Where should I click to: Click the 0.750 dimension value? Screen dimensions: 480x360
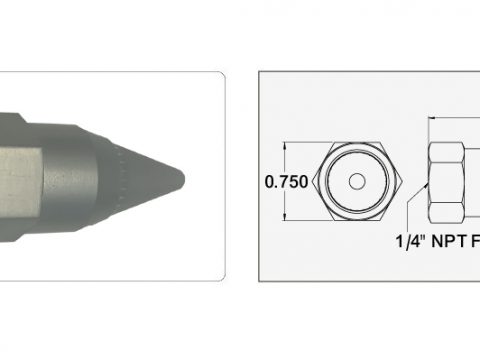[286, 182]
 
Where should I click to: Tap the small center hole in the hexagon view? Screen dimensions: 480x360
[357, 181]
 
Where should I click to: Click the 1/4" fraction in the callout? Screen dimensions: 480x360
[410, 241]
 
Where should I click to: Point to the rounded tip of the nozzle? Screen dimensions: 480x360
[182, 180]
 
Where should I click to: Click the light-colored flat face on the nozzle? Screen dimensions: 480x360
[20, 182]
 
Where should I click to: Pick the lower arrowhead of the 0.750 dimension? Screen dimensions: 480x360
[285, 218]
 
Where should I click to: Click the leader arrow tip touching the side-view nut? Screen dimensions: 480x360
[427, 184]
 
